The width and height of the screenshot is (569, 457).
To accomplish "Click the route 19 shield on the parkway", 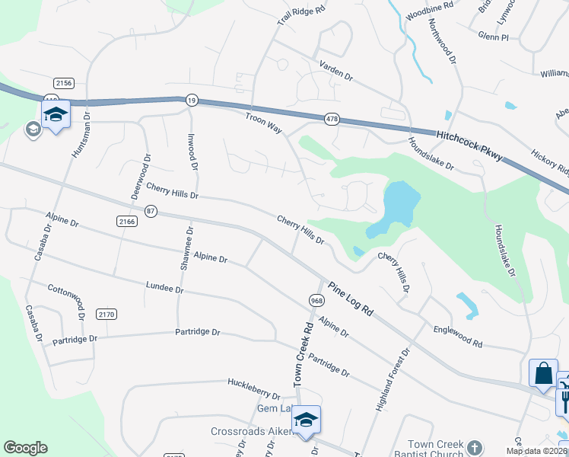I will (x=189, y=99).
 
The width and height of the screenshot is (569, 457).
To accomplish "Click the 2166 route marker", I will (x=126, y=221).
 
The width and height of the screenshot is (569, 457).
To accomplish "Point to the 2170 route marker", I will (x=106, y=314).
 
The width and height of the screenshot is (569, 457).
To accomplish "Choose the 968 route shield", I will (x=316, y=300).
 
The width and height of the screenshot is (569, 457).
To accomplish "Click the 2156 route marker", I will (x=64, y=82).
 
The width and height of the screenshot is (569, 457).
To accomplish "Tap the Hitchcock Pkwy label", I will (x=469, y=144).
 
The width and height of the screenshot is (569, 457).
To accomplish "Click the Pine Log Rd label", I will (x=351, y=299).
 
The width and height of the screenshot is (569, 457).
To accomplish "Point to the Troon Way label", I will (x=263, y=122).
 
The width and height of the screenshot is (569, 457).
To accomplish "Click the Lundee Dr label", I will (x=164, y=287).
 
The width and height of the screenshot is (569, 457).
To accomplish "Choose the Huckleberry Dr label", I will (x=253, y=388).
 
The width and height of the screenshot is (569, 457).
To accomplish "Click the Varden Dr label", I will (x=336, y=71).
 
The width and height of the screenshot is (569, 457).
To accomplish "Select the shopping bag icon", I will (x=543, y=373).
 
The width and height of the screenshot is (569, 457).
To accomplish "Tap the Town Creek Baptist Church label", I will (x=435, y=449).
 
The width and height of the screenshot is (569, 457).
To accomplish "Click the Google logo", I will (x=25, y=448).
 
